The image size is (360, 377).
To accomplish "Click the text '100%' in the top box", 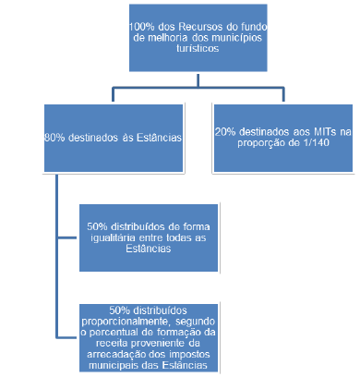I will tap(142, 28).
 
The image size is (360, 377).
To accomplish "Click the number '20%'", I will tap(226, 131).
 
